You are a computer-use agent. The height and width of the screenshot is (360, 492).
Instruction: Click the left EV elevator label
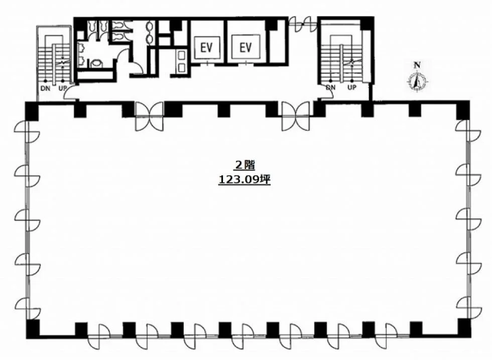(x=206, y=48)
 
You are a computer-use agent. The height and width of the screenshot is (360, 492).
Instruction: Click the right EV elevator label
(x=245, y=48)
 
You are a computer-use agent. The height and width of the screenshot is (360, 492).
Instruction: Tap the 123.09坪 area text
(x=244, y=179)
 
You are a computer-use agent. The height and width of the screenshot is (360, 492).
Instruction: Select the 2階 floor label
(x=244, y=165)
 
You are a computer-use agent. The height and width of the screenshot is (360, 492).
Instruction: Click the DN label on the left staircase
(x=46, y=88)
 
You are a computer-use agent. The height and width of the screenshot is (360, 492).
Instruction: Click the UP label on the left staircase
(x=62, y=88)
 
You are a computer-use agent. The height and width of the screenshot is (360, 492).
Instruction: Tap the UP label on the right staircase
(x=352, y=87)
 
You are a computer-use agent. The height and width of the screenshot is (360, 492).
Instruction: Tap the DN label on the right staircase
(x=331, y=87)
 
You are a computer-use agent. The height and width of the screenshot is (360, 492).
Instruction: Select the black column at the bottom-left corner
(x=33, y=328)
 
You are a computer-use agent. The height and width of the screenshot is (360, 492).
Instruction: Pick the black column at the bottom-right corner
(x=464, y=328)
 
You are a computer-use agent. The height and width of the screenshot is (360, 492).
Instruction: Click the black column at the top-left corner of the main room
(x=32, y=110)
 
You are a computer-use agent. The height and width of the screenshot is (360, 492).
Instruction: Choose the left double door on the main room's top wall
(x=150, y=116)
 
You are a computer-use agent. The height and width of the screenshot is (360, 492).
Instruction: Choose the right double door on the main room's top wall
(x=296, y=116)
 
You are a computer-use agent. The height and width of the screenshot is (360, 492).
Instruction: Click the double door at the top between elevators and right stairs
(x=302, y=24)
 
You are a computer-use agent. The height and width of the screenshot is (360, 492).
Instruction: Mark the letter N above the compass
(x=417, y=65)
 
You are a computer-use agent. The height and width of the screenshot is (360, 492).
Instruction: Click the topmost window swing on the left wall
(x=27, y=132)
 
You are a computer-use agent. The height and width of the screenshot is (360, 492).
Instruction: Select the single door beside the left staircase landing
(x=70, y=93)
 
